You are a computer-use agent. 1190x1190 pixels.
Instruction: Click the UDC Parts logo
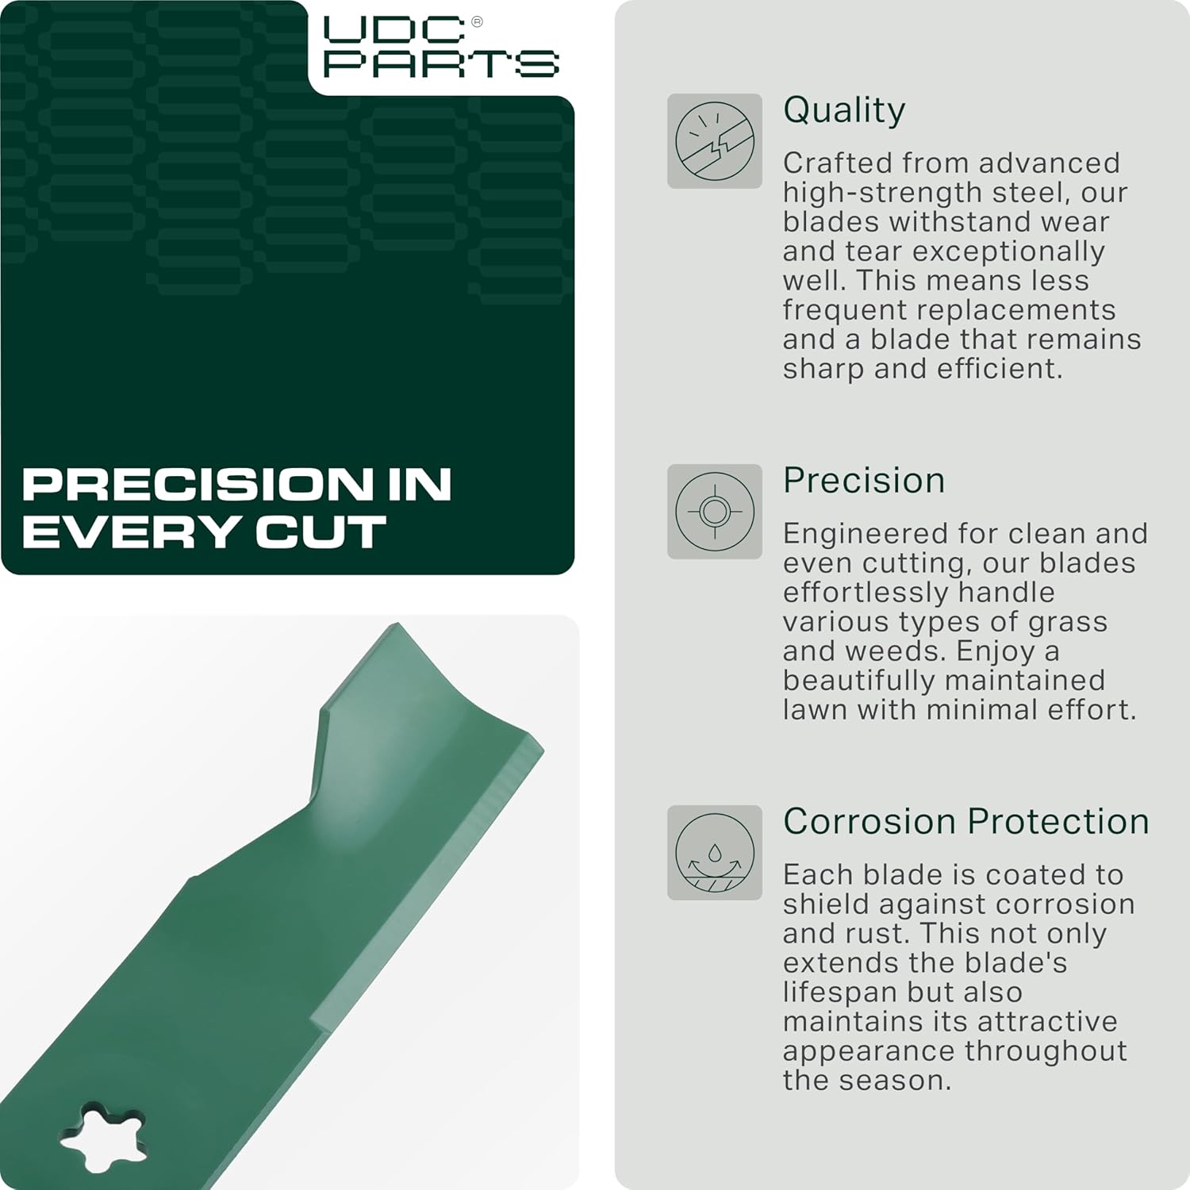440,48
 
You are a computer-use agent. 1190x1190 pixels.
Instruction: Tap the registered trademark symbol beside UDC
477,22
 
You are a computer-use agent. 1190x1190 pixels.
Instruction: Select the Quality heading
844,110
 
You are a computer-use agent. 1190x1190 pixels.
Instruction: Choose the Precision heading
864,481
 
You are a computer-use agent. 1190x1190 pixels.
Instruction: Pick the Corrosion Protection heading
966,822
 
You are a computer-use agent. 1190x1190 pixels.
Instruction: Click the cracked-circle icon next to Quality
714,141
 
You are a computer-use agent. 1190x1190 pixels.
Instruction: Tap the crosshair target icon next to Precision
714,512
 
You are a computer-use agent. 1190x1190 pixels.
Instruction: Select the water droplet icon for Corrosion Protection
714,853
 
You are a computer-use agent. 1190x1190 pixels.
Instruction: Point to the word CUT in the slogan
321,532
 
